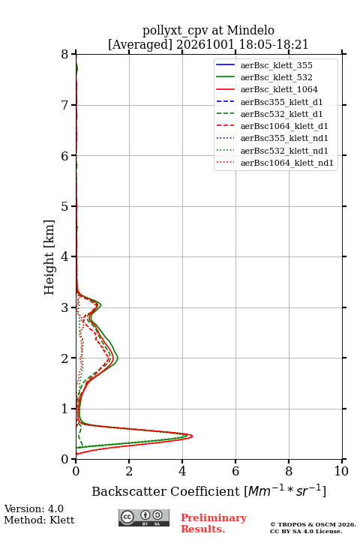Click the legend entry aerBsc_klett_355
276,65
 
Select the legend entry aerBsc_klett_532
276,77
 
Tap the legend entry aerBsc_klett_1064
279,89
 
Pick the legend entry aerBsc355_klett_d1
281,102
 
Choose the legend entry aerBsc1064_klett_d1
284,126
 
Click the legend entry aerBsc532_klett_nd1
284,151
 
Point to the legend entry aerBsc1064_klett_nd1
287,163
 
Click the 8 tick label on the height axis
65,54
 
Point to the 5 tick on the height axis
73,206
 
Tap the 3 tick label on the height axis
65,307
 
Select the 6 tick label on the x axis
235,471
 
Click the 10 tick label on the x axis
341,471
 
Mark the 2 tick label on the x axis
129,471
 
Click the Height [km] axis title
49,257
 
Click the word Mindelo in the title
250,30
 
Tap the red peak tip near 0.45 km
192,436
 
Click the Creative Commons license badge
144,517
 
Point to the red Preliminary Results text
214,523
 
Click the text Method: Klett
39,520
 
